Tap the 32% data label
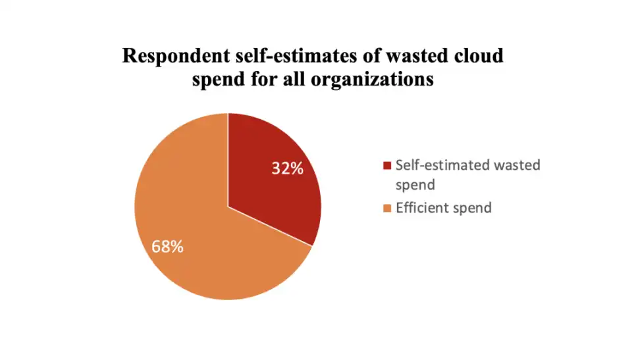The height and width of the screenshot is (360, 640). pyautogui.click(x=288, y=168)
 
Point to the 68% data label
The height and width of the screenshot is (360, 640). pyautogui.click(x=167, y=247)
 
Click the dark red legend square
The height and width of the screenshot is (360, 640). pyautogui.click(x=387, y=165)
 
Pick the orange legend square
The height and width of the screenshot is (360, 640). pyautogui.click(x=387, y=209)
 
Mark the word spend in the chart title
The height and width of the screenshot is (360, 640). pyautogui.click(x=221, y=80)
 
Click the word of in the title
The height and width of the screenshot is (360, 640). pyautogui.click(x=362, y=56)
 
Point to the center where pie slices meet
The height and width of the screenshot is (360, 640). pyautogui.click(x=228, y=207)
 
